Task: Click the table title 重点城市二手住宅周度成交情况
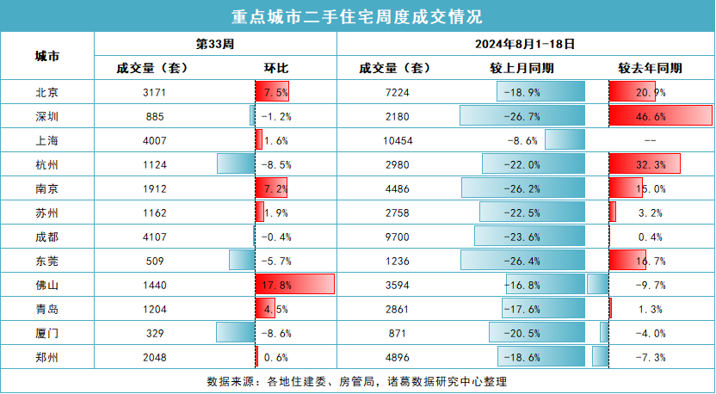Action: coord(357,15)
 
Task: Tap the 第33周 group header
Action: coord(215,42)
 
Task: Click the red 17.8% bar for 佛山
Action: coord(294,283)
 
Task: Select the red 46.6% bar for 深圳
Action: coord(660,115)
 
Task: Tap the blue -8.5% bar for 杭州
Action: coord(236,163)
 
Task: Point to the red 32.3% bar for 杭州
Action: coord(644,163)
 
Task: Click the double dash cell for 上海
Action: coord(651,139)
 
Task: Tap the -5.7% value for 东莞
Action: coord(275,260)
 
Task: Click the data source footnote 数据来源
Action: coord(357,381)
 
